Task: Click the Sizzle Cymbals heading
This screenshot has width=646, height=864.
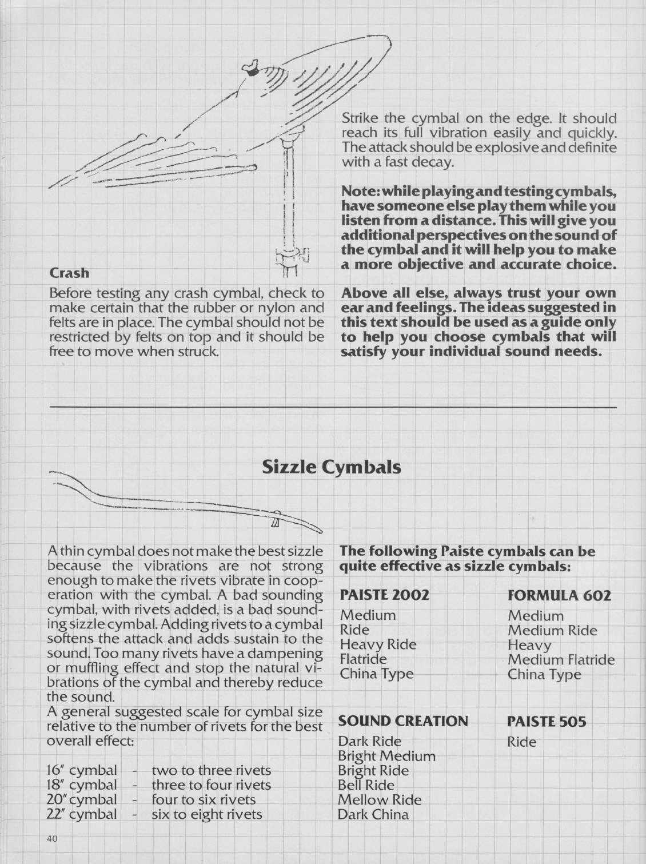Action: [x=331, y=467]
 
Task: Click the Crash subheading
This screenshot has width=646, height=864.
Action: [x=69, y=273]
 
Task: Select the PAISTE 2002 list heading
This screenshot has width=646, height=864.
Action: [x=384, y=595]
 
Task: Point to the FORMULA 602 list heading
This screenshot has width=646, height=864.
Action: [x=559, y=595]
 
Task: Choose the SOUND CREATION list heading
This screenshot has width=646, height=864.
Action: [x=403, y=720]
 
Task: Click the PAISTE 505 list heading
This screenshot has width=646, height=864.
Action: [x=547, y=721]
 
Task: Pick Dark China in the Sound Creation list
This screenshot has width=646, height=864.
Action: [x=373, y=814]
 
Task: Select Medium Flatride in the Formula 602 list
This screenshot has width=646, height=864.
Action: [x=561, y=660]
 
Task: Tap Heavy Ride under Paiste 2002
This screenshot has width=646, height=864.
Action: [x=378, y=644]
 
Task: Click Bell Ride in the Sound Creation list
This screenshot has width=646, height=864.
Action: [x=366, y=785]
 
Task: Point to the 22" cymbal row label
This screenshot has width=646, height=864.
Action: [x=81, y=814]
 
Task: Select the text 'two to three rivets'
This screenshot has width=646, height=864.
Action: [x=211, y=770]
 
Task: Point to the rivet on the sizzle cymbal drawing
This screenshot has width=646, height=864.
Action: [x=274, y=521]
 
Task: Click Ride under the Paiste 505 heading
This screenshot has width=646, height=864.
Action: [x=522, y=742]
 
